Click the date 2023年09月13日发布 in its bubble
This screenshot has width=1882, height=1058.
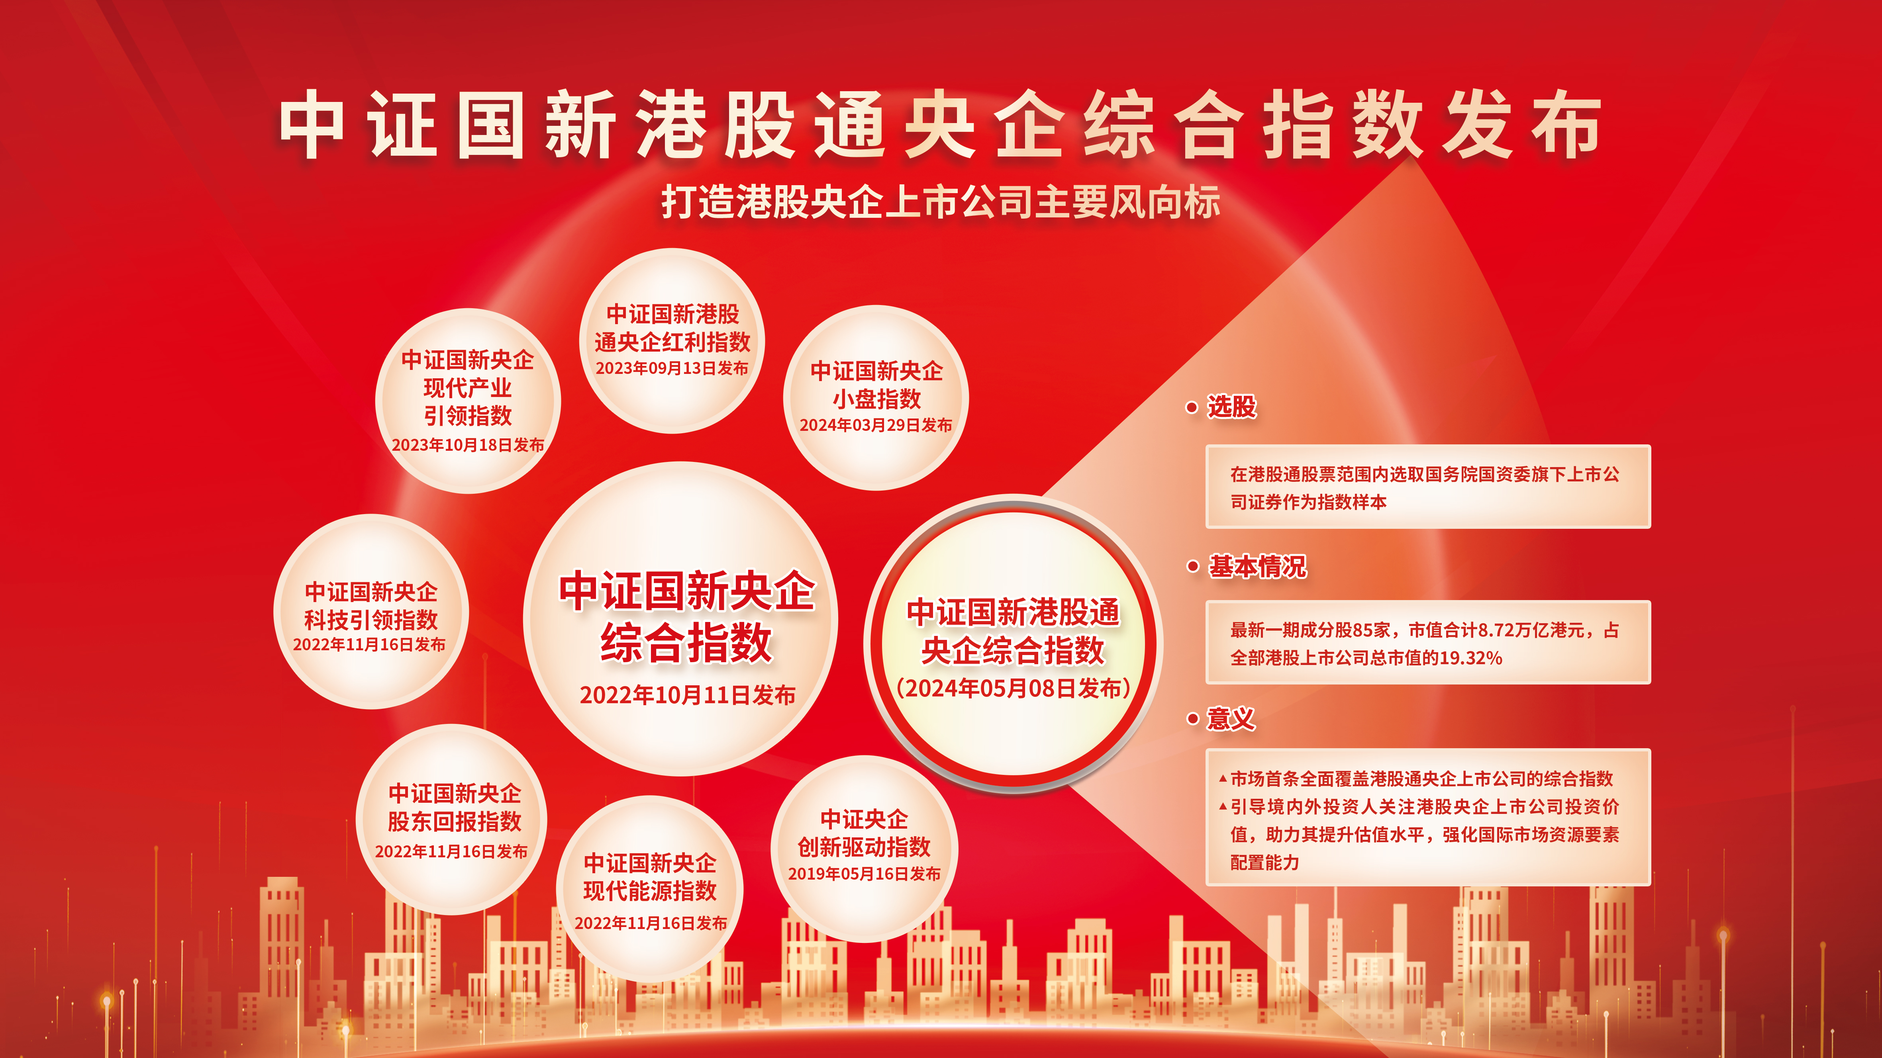(672, 368)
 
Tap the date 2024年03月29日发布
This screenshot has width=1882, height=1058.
(876, 425)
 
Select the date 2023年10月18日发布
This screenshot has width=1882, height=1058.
(468, 445)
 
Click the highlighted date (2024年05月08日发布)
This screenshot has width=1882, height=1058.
(1014, 688)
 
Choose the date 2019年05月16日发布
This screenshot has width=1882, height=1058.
(864, 873)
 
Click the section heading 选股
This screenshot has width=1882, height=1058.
(1232, 407)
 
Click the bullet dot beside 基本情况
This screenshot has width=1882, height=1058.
(1193, 567)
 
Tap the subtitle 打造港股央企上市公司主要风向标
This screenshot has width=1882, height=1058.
(941, 202)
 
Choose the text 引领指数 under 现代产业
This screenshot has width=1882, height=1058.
(468, 416)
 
